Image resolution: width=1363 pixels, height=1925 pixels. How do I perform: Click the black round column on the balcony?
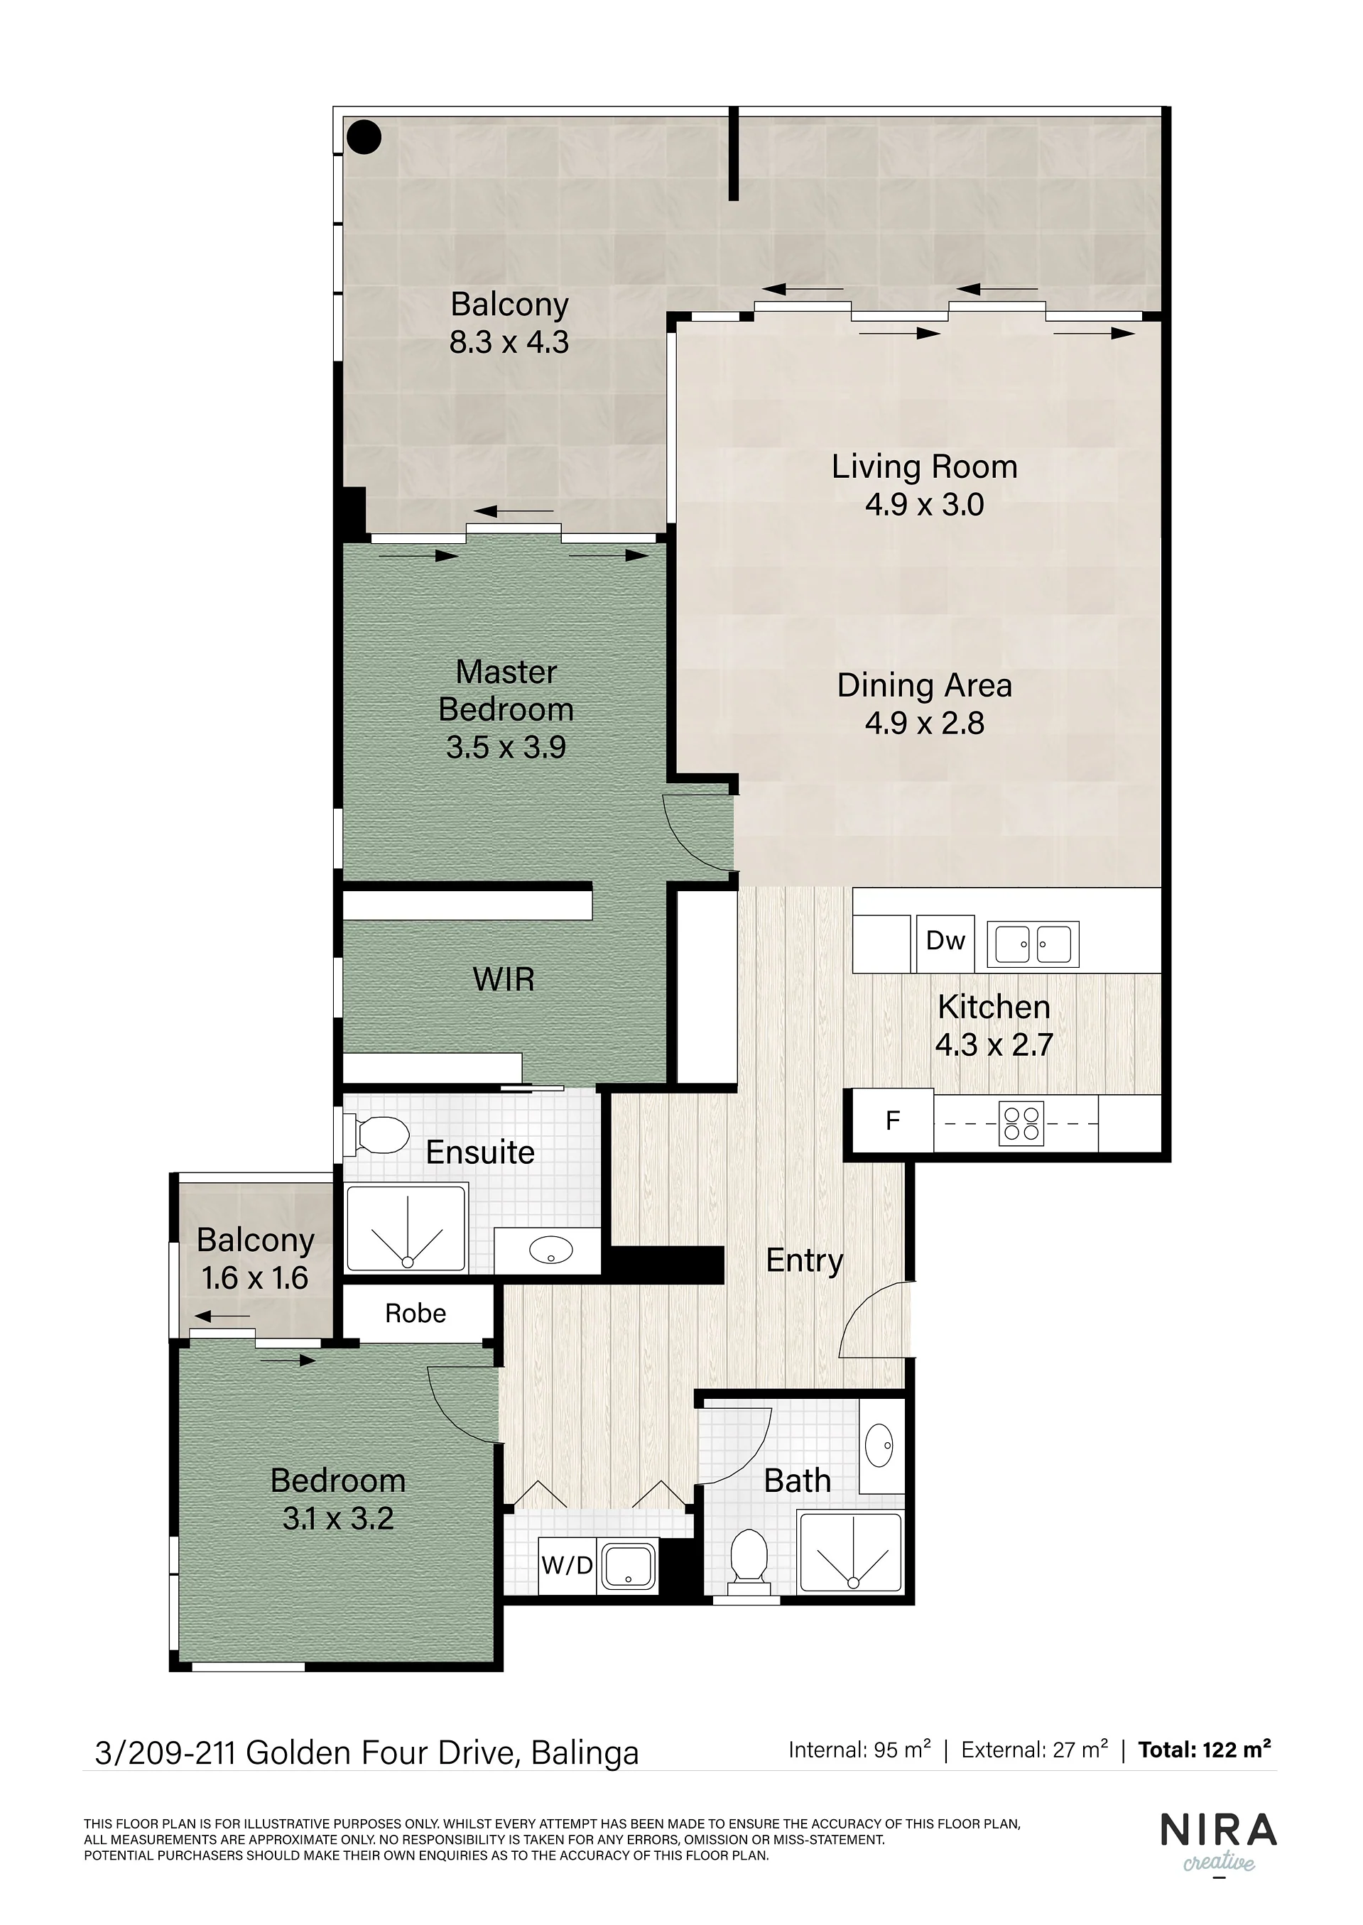click(365, 137)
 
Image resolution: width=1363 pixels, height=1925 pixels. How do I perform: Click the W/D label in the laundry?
click(568, 1564)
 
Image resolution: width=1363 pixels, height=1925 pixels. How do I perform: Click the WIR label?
click(504, 979)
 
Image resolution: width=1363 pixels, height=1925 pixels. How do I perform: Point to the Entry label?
click(805, 1261)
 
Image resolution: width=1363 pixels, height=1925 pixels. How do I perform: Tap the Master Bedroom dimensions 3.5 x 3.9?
click(506, 747)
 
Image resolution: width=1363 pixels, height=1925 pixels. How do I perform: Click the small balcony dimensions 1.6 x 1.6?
click(255, 1278)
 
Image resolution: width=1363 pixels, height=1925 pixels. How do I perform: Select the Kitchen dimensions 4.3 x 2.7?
click(994, 1045)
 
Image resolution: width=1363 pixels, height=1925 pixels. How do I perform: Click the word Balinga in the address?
click(585, 1754)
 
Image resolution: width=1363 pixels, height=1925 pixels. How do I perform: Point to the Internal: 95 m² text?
click(859, 1750)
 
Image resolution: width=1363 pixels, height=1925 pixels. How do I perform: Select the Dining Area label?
click(924, 686)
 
